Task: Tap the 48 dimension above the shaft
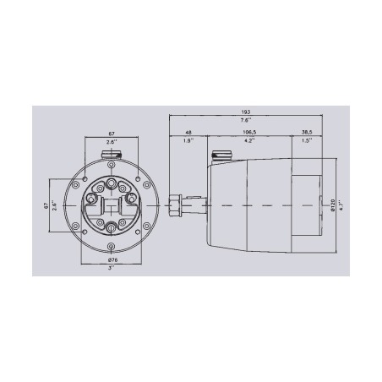(x=188, y=132)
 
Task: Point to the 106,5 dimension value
(x=249, y=132)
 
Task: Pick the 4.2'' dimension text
(x=249, y=142)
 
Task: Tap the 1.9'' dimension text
(x=188, y=142)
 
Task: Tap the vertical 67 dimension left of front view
(x=48, y=205)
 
